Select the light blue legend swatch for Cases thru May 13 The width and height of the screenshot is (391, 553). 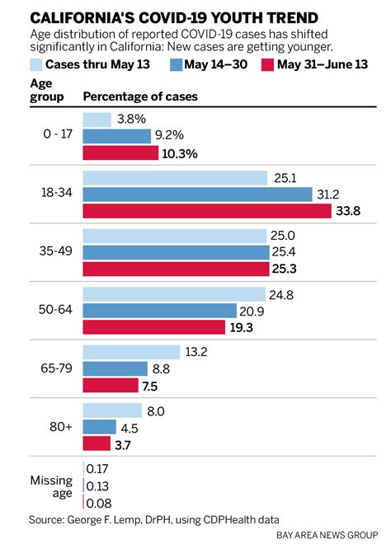37,64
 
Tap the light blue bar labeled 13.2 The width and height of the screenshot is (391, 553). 131,352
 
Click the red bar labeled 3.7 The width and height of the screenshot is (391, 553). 96,444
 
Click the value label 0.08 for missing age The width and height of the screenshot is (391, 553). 99,502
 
